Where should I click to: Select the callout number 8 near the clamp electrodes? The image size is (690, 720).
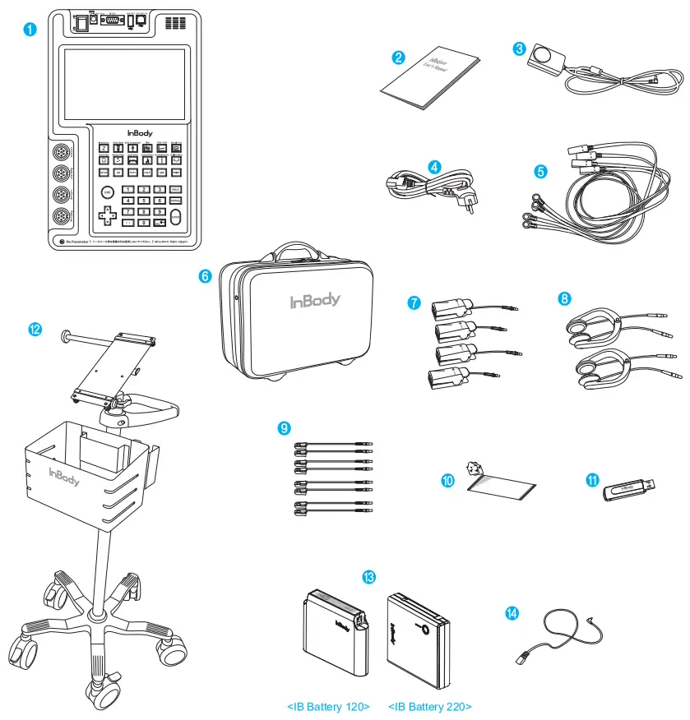coord(565,298)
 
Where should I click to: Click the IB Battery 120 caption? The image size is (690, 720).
coord(328,707)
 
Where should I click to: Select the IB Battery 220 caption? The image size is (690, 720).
coord(429,707)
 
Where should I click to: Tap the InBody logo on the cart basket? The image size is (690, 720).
coord(64,476)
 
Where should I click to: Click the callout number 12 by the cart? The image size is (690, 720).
coord(35,329)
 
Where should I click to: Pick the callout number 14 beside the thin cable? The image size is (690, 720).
coord(512,613)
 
